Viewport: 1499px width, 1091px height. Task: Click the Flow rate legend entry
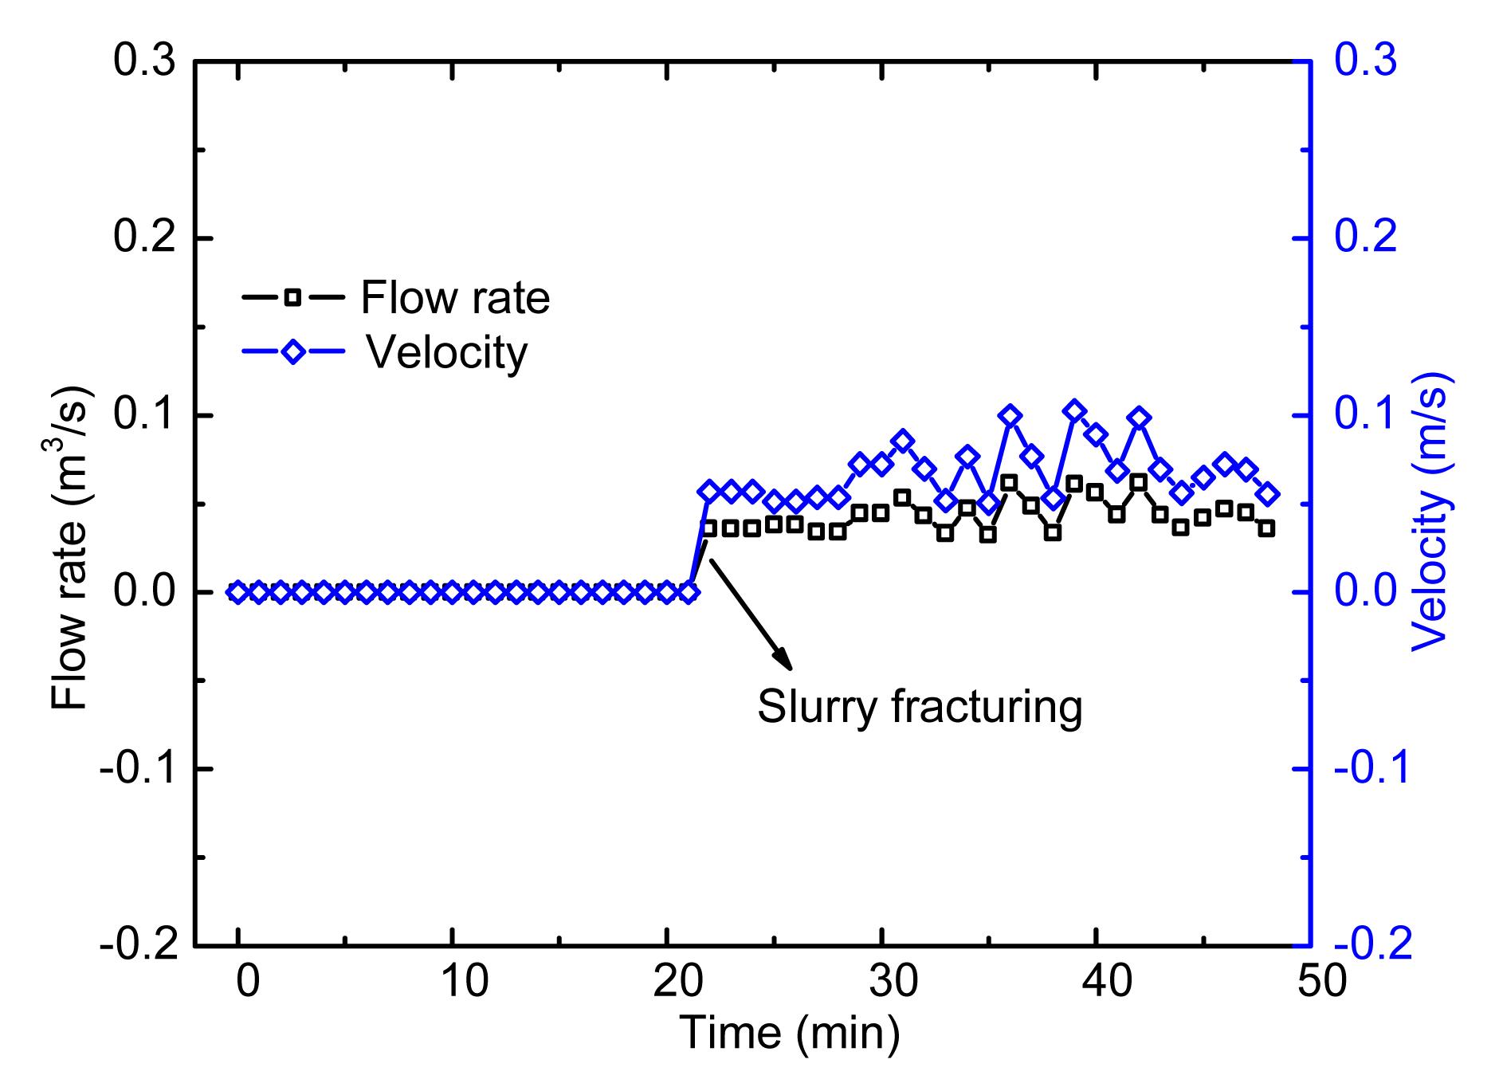[396, 297]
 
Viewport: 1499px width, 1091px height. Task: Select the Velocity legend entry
[385, 351]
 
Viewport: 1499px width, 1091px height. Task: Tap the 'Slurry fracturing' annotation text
[920, 706]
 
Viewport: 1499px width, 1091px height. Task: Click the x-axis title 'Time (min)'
[789, 1034]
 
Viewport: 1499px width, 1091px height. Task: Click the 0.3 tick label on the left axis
[144, 61]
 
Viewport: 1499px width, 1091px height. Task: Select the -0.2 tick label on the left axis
[138, 946]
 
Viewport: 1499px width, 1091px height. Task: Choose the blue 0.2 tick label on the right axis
[1366, 238]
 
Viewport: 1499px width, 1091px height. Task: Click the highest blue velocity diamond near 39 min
[1074, 411]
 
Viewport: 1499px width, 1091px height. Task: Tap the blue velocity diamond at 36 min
[1010, 415]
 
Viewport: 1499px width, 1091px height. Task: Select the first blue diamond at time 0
[237, 592]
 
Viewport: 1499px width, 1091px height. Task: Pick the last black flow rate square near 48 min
[1267, 528]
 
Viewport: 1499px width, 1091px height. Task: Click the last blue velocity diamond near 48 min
[1267, 494]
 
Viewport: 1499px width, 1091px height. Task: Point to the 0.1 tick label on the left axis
[144, 415]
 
